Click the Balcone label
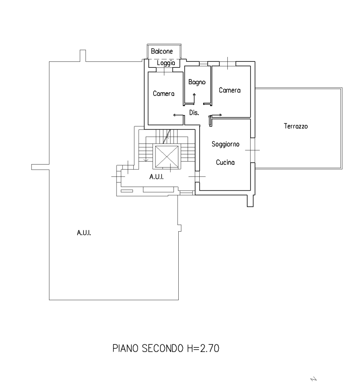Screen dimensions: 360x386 (162, 51)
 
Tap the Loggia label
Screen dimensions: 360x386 (166, 63)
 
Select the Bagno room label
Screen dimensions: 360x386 (197, 82)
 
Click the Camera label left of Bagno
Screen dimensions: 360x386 (163, 94)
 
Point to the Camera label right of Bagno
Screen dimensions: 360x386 (230, 90)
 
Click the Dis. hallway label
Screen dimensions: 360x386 (194, 113)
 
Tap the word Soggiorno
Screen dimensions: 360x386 (226, 144)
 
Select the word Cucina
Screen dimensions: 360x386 (225, 162)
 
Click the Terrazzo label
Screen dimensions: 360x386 (296, 126)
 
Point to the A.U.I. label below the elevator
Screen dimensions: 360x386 (157, 177)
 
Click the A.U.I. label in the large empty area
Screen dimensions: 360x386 (84, 233)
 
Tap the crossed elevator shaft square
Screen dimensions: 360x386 (167, 157)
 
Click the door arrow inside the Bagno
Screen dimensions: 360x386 (194, 98)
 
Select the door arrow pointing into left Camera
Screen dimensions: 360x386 (179, 115)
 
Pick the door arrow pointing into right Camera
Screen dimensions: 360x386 (215, 115)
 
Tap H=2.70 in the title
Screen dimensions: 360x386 (203, 348)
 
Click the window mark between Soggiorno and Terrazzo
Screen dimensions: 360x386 (252, 150)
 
